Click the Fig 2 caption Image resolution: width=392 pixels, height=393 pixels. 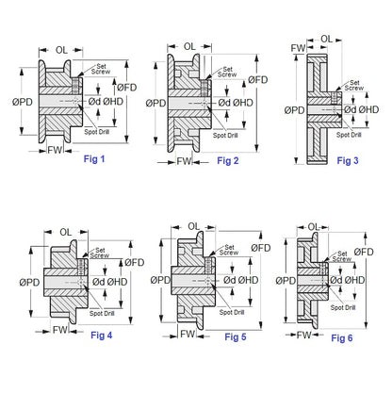229,161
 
